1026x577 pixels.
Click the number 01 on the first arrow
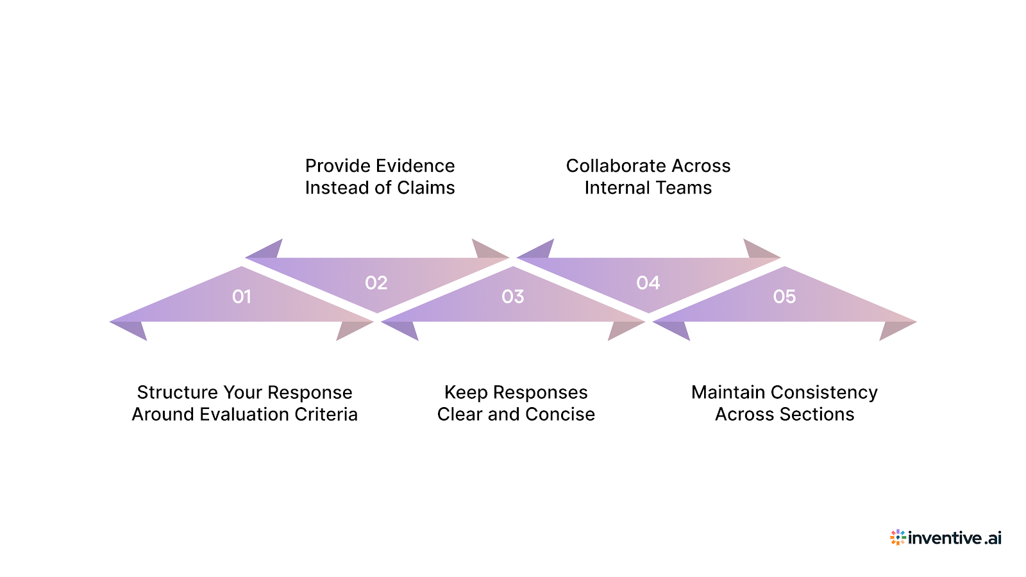coord(242,297)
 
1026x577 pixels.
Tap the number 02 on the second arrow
coord(376,283)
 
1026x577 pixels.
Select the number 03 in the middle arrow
coord(513,297)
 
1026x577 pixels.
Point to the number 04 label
coord(648,283)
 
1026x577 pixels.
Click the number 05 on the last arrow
coord(784,297)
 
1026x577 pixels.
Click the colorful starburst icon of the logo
coord(898,537)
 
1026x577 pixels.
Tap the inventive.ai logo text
coord(954,538)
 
